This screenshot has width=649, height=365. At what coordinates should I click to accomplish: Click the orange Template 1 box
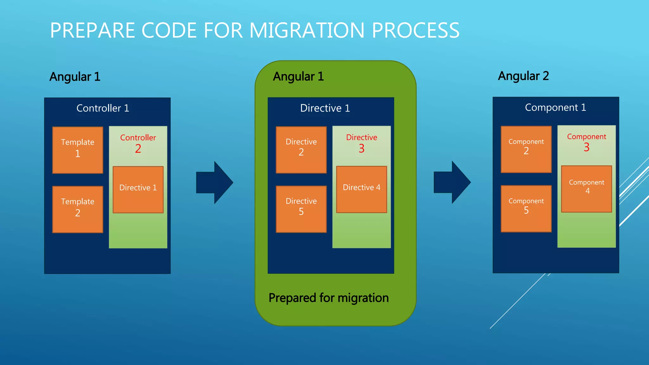(x=78, y=150)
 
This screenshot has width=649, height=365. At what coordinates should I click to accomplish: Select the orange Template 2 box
(x=78, y=209)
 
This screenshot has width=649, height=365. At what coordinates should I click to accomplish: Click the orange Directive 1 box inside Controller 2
(x=138, y=189)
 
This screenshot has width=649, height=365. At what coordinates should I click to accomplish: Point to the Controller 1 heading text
(x=103, y=108)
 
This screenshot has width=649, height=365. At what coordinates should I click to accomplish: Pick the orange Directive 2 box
(x=301, y=150)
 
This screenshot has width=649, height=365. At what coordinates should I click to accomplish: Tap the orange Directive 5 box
(x=301, y=209)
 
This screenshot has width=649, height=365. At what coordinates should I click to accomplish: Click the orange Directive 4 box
(x=361, y=189)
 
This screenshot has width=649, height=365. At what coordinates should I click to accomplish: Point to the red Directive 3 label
(x=362, y=143)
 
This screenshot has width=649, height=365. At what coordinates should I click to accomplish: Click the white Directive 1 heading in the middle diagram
(x=325, y=108)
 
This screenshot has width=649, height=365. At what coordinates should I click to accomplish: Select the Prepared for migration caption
(x=329, y=298)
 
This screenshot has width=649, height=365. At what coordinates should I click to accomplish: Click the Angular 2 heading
(x=523, y=76)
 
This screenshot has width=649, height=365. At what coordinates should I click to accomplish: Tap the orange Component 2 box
(x=526, y=149)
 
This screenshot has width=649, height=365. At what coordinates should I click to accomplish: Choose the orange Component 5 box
(x=526, y=208)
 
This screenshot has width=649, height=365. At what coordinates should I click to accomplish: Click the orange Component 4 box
(x=586, y=189)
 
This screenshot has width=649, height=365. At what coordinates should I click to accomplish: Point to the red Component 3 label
(x=586, y=143)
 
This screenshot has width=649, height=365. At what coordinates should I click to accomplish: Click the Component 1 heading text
(x=555, y=108)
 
